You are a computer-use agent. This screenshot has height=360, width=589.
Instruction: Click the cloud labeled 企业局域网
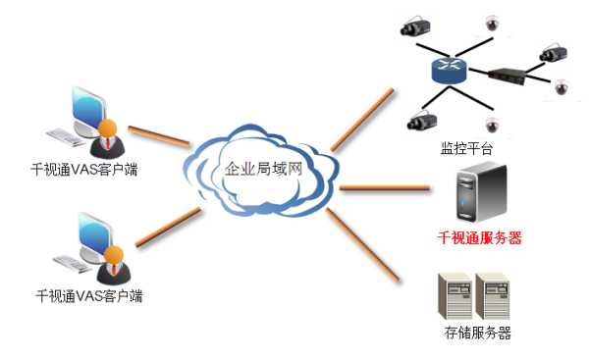point(262,171)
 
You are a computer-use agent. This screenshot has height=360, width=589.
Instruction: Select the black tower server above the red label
point(478,195)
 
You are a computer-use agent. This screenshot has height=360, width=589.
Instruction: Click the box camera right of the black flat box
point(552,49)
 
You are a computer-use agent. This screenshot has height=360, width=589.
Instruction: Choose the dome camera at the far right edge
point(562,87)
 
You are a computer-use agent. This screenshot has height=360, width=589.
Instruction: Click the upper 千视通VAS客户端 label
point(83,169)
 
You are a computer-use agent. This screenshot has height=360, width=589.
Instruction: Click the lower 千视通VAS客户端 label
point(88,293)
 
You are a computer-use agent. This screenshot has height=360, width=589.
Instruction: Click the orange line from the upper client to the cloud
point(160,135)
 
